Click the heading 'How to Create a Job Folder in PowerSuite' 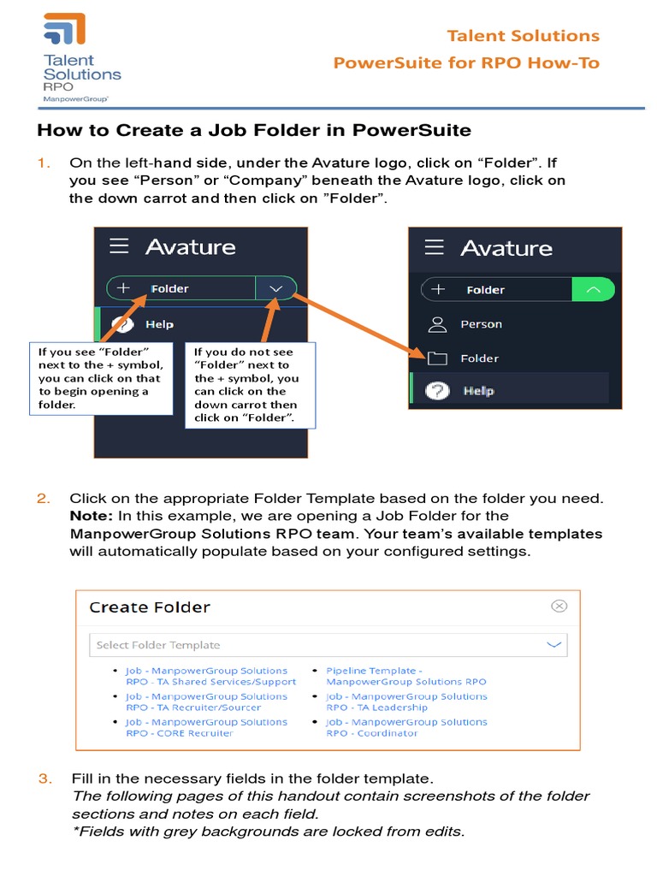pyautogui.click(x=254, y=131)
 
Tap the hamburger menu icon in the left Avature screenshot pyautogui.click(x=119, y=246)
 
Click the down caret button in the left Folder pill pyautogui.click(x=275, y=289)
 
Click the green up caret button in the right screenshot pyautogui.click(x=594, y=290)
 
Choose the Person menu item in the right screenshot pyautogui.click(x=481, y=324)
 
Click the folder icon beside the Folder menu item pyautogui.click(x=437, y=358)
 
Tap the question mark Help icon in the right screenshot pyautogui.click(x=437, y=391)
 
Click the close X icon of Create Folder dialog pyautogui.click(x=559, y=606)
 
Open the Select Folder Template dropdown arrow pyautogui.click(x=554, y=644)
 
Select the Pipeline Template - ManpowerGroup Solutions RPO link pyautogui.click(x=405, y=676)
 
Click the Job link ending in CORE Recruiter pyautogui.click(x=206, y=727)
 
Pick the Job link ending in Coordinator pyautogui.click(x=406, y=727)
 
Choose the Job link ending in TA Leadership pyautogui.click(x=406, y=701)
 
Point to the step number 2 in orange pyautogui.click(x=43, y=498)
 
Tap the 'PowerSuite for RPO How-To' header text pyautogui.click(x=466, y=62)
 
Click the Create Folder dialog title pyautogui.click(x=150, y=607)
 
